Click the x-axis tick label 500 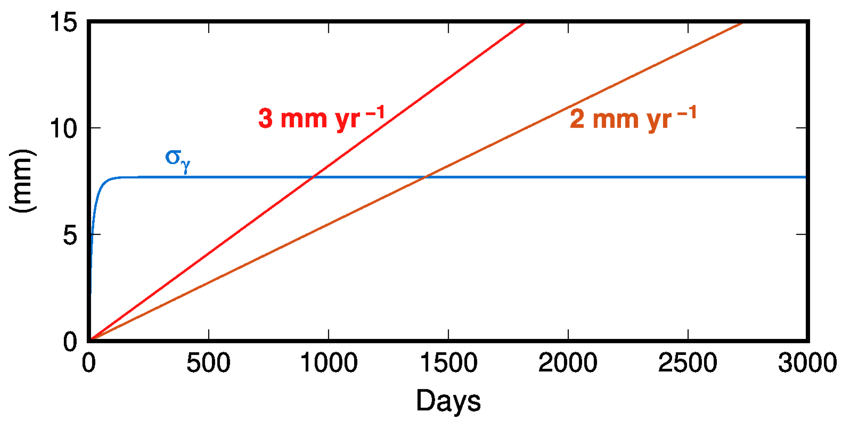(208, 362)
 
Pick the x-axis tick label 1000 (329, 362)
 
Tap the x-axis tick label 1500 (448, 362)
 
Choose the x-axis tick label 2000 (568, 362)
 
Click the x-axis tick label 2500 (688, 362)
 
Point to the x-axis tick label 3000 (807, 362)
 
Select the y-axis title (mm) (22, 181)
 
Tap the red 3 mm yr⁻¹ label (321, 118)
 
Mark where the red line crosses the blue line (313, 177)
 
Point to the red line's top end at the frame (524, 23)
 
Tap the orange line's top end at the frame (742, 23)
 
